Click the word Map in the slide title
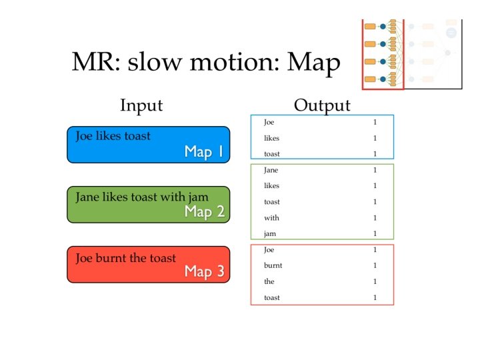(x=313, y=63)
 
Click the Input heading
(x=141, y=105)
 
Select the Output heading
(x=322, y=105)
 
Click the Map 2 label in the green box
(x=204, y=212)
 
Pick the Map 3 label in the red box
(x=204, y=272)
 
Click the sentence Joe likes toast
(x=113, y=136)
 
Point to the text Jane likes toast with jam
(x=142, y=197)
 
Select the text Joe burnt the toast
(x=126, y=258)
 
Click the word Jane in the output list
(x=271, y=170)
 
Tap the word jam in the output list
(x=270, y=234)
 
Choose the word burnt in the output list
(x=273, y=265)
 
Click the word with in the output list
(x=271, y=218)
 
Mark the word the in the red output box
(x=269, y=281)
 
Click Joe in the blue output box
(x=269, y=122)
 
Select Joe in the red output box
(x=269, y=249)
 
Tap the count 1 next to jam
(x=375, y=234)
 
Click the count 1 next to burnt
(x=375, y=265)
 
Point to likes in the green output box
(x=271, y=186)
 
